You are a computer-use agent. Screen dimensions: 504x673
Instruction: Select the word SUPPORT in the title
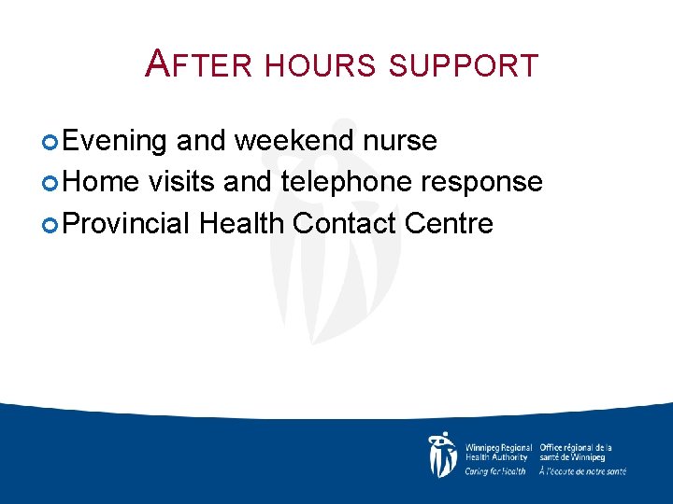pos(462,65)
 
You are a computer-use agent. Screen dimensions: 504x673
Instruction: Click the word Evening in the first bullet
pos(116,141)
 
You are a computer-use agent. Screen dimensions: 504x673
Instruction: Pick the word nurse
pos(402,141)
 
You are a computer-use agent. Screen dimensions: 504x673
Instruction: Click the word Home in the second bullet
pos(101,181)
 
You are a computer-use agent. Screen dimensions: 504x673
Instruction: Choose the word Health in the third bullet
pos(242,223)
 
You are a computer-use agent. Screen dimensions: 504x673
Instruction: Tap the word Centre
pos(451,223)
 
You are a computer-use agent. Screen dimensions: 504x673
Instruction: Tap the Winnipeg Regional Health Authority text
pos(498,453)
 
